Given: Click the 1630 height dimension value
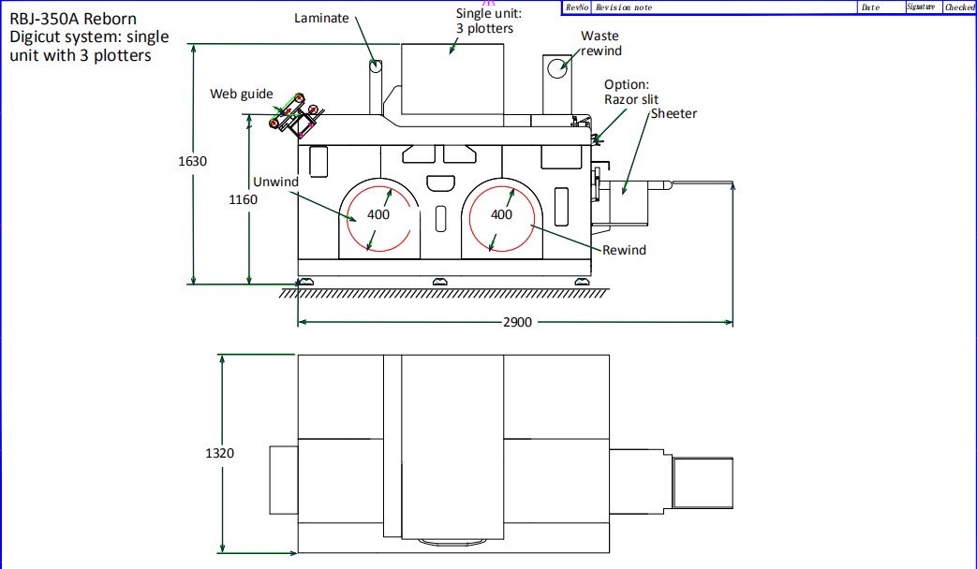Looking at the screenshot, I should point(193,161).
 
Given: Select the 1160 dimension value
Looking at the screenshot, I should point(243,199).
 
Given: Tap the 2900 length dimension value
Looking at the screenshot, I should point(516,322).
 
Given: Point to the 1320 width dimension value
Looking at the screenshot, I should point(219,453).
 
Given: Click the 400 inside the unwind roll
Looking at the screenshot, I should point(378,214).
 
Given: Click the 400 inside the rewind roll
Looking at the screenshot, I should point(502,214).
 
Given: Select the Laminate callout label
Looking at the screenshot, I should point(321,18).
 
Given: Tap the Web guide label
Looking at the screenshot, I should point(242,94).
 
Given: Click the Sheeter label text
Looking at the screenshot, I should point(674,113).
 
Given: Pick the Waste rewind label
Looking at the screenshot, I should point(600,43).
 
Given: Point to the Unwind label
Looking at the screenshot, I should point(275,182).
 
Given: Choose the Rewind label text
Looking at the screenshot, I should point(624,250).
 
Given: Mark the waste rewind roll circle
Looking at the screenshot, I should point(559,66).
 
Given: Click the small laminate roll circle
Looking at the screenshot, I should point(375,66).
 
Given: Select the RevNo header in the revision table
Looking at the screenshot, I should point(577,7).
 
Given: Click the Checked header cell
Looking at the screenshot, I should point(959,7).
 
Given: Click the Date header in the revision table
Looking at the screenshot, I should point(870,7).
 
